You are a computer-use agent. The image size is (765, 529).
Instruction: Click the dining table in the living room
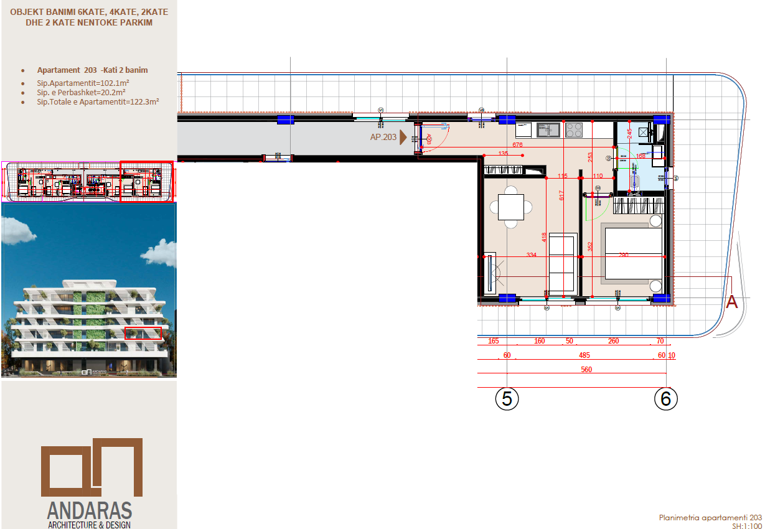pyautogui.click(x=510, y=207)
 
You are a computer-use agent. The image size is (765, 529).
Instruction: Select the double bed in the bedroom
pyautogui.click(x=632, y=255)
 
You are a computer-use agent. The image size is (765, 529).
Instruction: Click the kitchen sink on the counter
pyautogui.click(x=548, y=130)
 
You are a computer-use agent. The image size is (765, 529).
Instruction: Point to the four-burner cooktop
pyautogui.click(x=574, y=130)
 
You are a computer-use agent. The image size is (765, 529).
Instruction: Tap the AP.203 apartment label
pyautogui.click(x=383, y=138)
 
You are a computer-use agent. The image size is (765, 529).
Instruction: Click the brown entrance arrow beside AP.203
pyautogui.click(x=403, y=137)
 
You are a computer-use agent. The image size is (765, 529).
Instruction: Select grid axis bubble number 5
pyautogui.click(x=507, y=398)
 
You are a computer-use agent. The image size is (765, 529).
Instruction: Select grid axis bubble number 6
pyautogui.click(x=666, y=398)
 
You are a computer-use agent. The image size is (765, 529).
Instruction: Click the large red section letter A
pyautogui.click(x=732, y=302)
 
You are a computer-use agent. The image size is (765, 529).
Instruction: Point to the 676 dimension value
pyautogui.click(x=517, y=144)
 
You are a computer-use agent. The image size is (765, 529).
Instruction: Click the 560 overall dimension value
pyautogui.click(x=586, y=370)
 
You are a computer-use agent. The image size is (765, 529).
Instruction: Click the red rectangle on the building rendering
pyautogui.click(x=143, y=333)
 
